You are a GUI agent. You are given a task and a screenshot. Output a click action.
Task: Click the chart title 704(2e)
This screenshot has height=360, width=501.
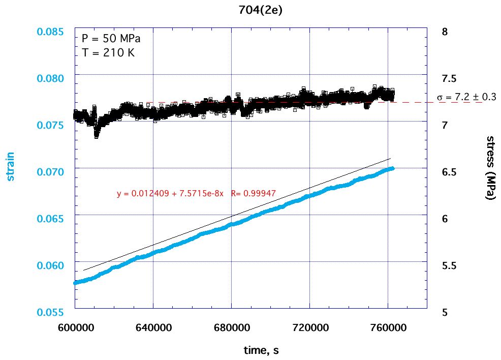coord(260,10)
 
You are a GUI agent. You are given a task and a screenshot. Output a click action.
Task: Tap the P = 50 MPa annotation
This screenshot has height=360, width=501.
coord(111,39)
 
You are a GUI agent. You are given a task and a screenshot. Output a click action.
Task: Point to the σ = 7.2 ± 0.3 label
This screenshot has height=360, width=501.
coord(466,97)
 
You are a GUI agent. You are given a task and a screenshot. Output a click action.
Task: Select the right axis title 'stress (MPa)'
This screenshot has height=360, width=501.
coord(490,168)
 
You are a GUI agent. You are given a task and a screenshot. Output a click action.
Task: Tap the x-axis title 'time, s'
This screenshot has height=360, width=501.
coord(260,350)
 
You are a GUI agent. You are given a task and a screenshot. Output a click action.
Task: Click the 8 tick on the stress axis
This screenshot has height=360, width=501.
coord(445,32)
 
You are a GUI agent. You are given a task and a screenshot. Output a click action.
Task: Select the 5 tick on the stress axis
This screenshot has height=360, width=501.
coord(445,312)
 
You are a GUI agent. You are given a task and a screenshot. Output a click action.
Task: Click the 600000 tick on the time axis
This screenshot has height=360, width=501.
coord(75,327)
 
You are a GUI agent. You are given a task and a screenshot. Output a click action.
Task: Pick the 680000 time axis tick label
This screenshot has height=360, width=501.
coord(231,327)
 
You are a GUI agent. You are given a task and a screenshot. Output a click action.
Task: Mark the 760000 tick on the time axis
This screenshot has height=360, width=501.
coord(388,327)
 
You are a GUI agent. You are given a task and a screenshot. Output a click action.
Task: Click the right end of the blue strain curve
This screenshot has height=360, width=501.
coord(392,168)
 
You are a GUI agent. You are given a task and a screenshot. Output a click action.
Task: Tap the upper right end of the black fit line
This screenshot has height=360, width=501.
coord(390,159)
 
